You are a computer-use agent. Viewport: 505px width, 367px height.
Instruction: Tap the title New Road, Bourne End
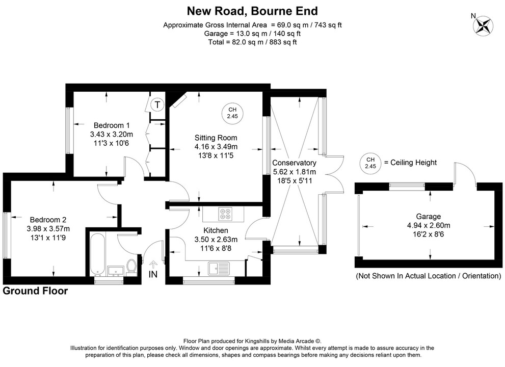pyautogui.click(x=252, y=11)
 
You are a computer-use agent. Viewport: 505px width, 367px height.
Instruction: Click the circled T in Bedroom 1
pyautogui.click(x=157, y=106)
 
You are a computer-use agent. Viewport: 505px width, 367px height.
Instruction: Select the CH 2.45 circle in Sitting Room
pyautogui.click(x=232, y=113)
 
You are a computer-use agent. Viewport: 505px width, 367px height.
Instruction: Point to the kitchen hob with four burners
pyautogui.click(x=224, y=214)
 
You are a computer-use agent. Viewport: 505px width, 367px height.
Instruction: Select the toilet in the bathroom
pyautogui.click(x=131, y=266)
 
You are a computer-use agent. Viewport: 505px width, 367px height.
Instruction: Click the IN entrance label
pyautogui.click(x=153, y=275)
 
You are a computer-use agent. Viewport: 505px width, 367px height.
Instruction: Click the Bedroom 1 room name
pyautogui.click(x=111, y=125)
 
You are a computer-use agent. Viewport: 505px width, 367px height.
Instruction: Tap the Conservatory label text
pyautogui.click(x=295, y=163)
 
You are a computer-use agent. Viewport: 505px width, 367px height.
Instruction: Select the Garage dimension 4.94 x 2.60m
pyautogui.click(x=428, y=225)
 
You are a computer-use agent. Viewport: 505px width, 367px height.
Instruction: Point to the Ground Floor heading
pyautogui.click(x=35, y=291)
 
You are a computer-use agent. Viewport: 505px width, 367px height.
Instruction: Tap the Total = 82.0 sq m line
pyautogui.click(x=252, y=42)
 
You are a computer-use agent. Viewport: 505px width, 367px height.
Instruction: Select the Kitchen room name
pyautogui.click(x=216, y=231)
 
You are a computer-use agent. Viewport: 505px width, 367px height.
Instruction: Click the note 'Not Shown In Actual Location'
pyautogui.click(x=428, y=276)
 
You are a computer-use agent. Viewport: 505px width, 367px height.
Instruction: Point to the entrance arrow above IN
pyautogui.click(x=153, y=264)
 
